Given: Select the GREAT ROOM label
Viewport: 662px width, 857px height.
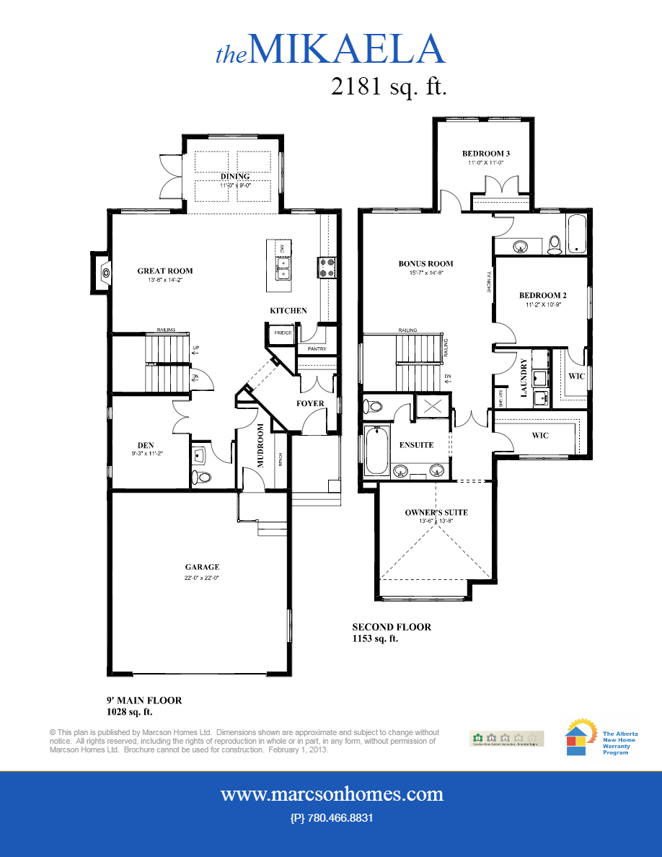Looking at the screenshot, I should click(x=165, y=271).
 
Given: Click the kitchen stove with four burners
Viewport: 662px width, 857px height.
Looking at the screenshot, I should click(x=327, y=268).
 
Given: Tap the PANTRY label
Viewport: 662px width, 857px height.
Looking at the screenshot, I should click(x=317, y=349).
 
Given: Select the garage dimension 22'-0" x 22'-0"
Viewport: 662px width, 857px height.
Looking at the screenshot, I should click(x=202, y=578).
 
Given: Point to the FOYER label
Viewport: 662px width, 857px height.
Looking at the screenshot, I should click(x=310, y=403).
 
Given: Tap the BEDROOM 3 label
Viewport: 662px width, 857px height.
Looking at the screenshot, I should click(x=486, y=154).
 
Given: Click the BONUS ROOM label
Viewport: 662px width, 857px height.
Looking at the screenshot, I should click(x=425, y=263).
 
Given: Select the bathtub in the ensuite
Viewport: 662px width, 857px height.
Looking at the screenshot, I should click(x=375, y=451).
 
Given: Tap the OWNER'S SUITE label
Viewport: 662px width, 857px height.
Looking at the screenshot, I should click(x=436, y=513).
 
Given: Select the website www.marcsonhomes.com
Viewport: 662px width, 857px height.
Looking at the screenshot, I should click(x=332, y=794).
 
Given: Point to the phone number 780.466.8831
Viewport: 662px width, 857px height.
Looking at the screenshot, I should click(x=331, y=818).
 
